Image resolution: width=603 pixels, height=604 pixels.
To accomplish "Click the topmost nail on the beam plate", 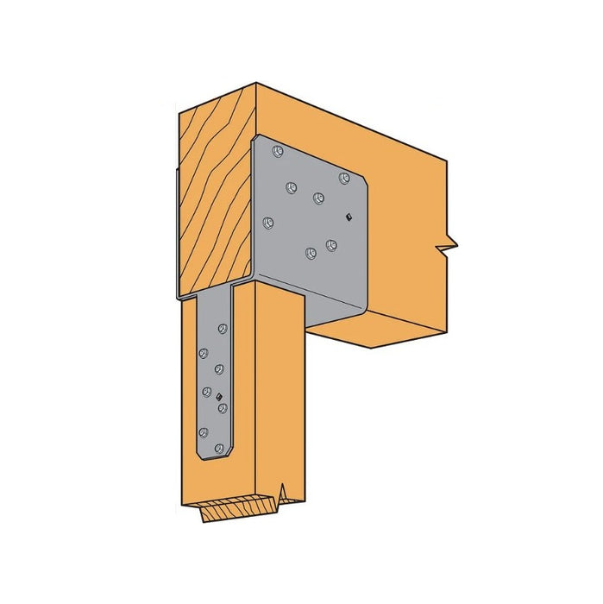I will (x=276, y=153).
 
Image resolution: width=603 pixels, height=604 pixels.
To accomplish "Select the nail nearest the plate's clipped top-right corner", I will (x=344, y=179).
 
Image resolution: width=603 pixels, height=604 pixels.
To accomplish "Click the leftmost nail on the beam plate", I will (x=268, y=223).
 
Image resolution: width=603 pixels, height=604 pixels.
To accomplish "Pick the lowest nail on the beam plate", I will (x=310, y=253).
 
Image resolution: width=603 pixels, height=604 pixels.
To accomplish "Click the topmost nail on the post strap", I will (x=223, y=329).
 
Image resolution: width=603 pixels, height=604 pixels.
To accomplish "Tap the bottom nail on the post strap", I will (x=218, y=448).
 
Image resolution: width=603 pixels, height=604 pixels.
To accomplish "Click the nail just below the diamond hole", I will (x=222, y=407).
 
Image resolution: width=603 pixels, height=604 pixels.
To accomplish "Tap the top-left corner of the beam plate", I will (x=256, y=138).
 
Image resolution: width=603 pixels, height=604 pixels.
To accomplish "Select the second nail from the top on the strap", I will (x=204, y=352).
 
